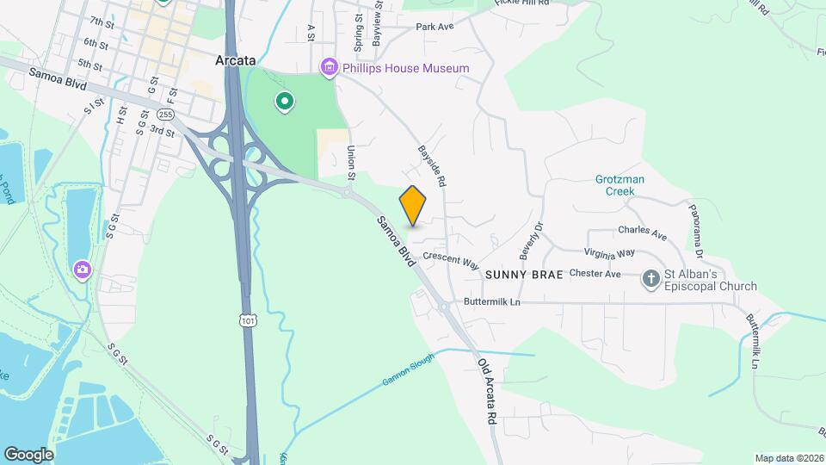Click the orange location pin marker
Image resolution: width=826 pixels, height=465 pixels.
click(413, 205)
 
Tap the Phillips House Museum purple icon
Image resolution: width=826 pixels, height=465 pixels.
click(328, 67)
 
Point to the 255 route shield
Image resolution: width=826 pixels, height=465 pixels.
click(166, 114)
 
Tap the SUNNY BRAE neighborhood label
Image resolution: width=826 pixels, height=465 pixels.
click(523, 275)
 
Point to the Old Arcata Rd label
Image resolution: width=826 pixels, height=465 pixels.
click(489, 391)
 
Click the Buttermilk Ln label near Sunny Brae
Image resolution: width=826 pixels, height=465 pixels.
click(492, 302)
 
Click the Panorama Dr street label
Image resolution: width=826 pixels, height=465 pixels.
click(696, 232)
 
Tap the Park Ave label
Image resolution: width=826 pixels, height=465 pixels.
click(434, 27)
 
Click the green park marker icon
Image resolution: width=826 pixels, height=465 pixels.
click(284, 103)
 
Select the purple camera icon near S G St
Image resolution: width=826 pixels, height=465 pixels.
click(83, 270)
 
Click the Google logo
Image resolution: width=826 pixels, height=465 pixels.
click(28, 455)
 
